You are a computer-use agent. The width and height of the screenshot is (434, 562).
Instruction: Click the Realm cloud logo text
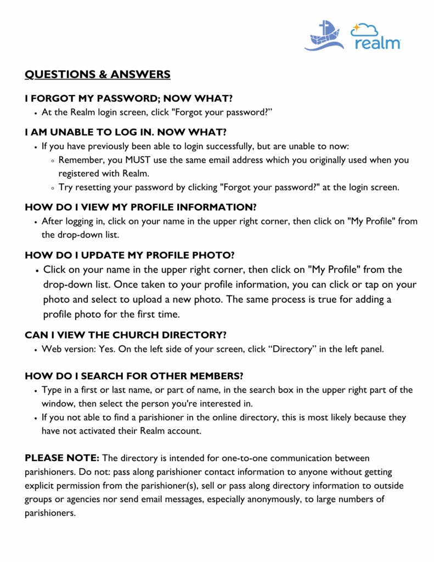point(377,42)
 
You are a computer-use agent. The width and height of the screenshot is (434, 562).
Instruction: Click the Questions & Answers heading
point(98,74)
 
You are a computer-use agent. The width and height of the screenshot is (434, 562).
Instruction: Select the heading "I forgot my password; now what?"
point(129,98)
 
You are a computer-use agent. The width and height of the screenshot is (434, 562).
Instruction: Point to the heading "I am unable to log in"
point(126,132)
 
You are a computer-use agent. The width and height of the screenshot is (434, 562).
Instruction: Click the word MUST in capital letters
point(139,160)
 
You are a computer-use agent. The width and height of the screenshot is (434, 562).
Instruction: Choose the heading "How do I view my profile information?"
point(141,207)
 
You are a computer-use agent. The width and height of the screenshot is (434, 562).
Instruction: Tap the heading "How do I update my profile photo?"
point(129,255)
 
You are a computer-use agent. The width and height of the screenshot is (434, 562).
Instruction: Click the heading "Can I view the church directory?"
point(126,335)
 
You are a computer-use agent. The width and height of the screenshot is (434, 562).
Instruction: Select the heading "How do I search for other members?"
point(134,376)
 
